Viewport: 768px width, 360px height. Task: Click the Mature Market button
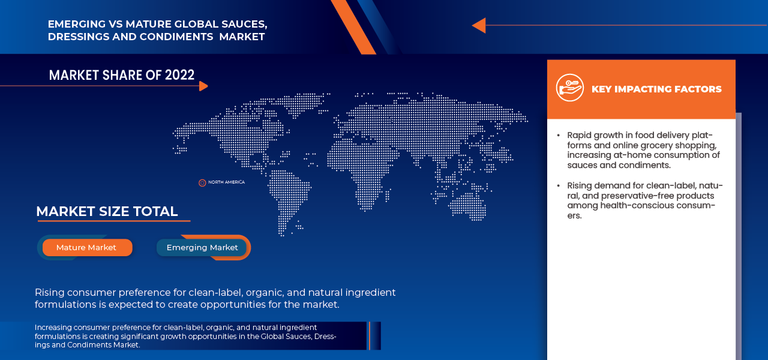pos(86,247)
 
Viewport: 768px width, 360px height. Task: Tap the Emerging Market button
pos(202,247)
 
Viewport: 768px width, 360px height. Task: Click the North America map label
pos(226,182)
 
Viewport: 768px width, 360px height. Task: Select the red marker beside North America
pos(202,182)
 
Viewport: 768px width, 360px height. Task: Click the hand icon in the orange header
pos(569,88)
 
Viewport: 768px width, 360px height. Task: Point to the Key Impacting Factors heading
pos(656,89)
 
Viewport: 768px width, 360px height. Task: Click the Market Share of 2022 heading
pos(121,75)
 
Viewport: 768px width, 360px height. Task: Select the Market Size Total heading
pos(107,211)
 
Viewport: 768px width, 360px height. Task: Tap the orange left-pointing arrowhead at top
pos(478,25)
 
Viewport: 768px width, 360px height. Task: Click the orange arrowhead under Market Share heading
pos(203,86)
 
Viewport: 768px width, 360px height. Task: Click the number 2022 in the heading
pos(179,75)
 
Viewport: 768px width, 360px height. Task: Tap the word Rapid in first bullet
pos(579,135)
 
